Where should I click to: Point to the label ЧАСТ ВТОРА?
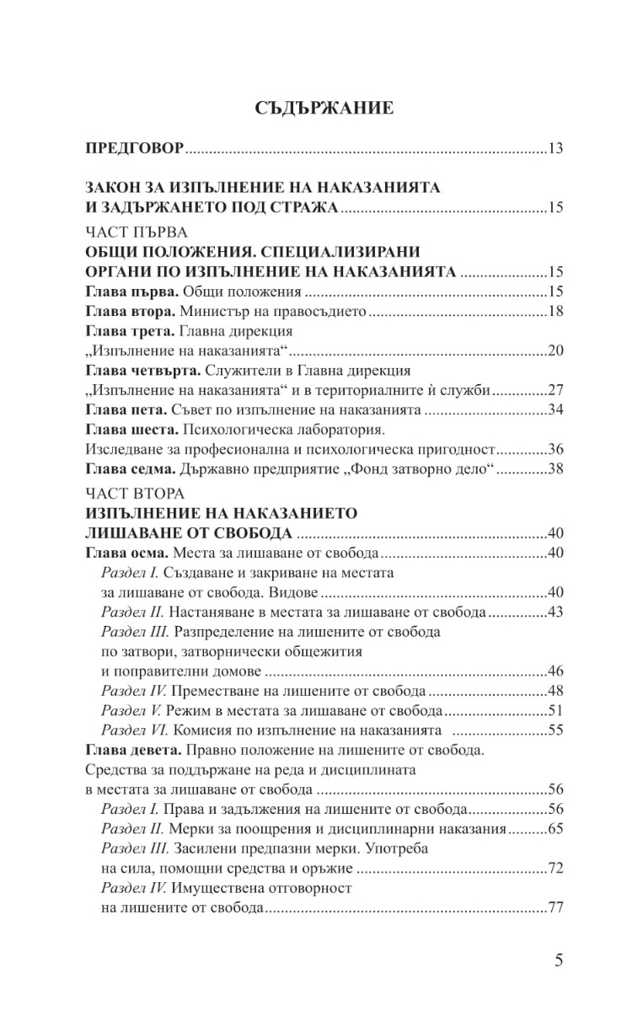tap(136, 492)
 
